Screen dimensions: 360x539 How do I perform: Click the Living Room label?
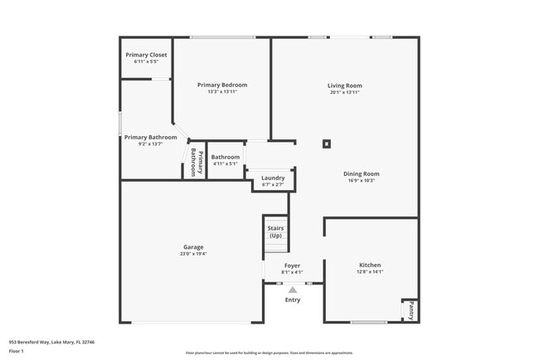[x=344, y=85]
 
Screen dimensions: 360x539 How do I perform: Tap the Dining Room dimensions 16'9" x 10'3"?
[x=361, y=181]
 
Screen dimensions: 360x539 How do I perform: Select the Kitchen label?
[x=370, y=265]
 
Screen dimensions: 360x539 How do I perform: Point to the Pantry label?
[x=410, y=311]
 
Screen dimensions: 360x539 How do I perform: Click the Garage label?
[x=193, y=247]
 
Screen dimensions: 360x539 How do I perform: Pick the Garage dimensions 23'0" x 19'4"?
[x=193, y=254]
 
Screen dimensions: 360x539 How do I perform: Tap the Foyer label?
[x=292, y=265]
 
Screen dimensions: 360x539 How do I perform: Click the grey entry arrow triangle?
[x=293, y=289]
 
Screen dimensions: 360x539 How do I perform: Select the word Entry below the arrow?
[x=293, y=299]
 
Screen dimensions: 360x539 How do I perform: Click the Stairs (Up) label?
[x=276, y=231]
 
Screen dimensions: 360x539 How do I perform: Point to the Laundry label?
[x=273, y=178]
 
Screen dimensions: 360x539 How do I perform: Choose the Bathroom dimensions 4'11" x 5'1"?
[x=225, y=163]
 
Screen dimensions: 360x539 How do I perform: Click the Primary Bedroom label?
[x=222, y=85]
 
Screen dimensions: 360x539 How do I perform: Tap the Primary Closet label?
[x=146, y=55]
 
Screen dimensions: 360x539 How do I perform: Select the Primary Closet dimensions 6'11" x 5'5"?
[x=146, y=61]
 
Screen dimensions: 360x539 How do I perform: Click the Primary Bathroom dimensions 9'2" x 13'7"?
[x=151, y=144]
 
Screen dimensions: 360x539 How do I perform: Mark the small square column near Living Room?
[x=327, y=144]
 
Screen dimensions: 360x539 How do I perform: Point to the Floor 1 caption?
[x=17, y=351]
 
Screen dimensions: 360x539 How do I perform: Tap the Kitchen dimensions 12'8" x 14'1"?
[x=370, y=272]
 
